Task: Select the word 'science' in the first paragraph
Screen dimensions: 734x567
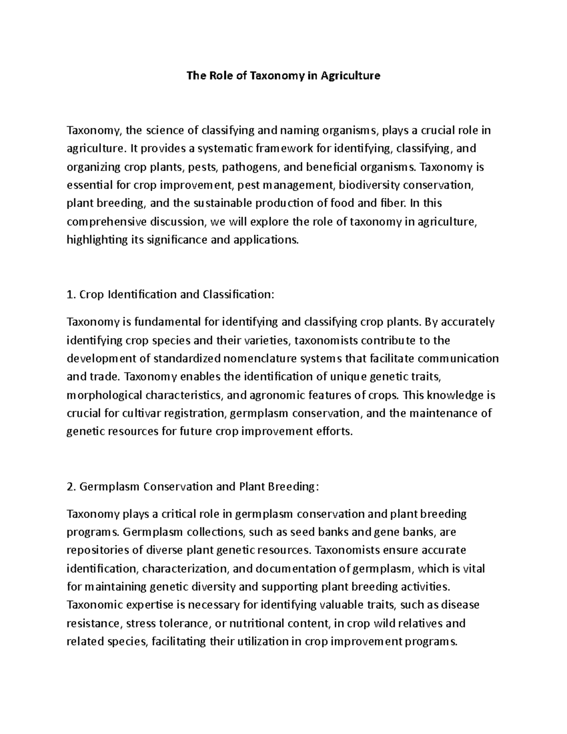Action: pos(165,130)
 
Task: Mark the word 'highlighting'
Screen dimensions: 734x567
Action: pos(96,240)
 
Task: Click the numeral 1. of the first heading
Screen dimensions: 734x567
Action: pos(71,295)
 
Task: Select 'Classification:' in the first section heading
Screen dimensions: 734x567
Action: pos(238,295)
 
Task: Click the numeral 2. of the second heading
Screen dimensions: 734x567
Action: pos(72,487)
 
